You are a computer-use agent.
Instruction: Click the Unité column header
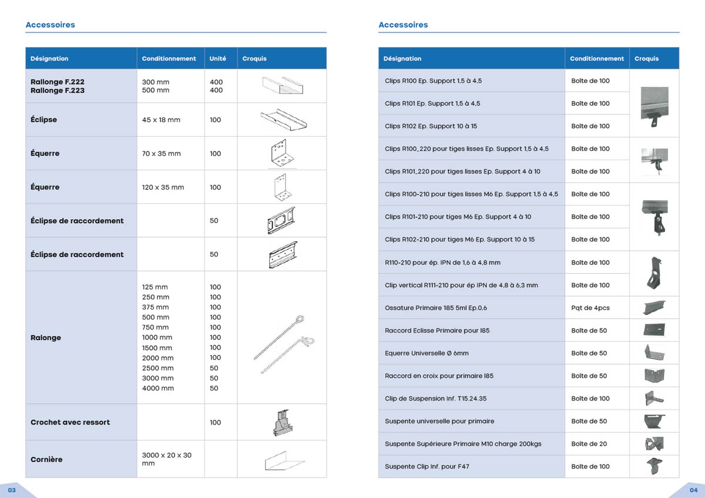[217, 59]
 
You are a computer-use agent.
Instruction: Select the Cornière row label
[46, 459]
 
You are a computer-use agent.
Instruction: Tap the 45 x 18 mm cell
[161, 120]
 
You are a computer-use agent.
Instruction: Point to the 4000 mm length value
[158, 388]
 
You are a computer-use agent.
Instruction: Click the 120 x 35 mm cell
[163, 187]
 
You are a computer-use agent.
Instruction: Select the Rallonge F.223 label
[58, 90]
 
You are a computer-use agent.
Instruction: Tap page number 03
[12, 489]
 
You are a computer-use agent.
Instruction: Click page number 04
[693, 489]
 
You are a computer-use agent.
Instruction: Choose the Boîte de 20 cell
[589, 444]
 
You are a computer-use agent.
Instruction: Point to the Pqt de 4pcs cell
[590, 308]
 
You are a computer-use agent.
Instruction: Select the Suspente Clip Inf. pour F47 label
[427, 466]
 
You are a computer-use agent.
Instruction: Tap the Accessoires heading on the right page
[403, 25]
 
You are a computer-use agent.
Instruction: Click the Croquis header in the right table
[646, 59]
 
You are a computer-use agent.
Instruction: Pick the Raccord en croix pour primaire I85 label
[439, 376]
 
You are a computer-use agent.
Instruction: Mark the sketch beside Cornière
[282, 460]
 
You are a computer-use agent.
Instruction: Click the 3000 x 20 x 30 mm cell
[166, 459]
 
